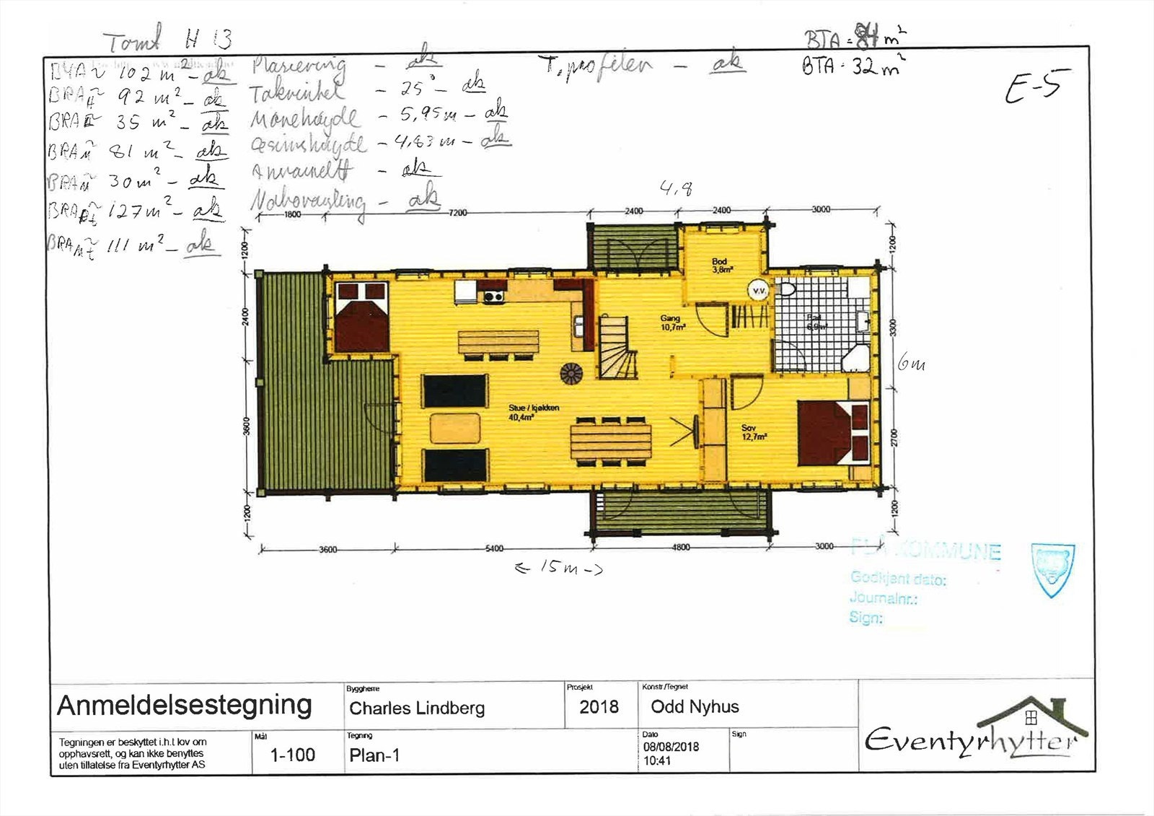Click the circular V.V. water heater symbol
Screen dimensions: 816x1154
point(759,291)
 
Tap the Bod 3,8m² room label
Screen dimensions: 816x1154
point(721,266)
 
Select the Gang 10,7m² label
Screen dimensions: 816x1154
point(672,323)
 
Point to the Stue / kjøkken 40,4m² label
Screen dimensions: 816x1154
point(533,412)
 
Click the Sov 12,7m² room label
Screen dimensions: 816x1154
point(753,432)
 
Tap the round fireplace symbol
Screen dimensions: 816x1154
point(571,372)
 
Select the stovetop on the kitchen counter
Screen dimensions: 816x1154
point(493,296)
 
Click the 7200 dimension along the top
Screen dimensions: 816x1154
point(458,213)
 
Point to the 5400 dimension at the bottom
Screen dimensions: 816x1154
point(494,549)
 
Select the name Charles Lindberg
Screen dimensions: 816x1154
point(417,708)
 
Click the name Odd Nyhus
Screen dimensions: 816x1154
point(695,707)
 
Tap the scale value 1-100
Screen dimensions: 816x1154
point(292,755)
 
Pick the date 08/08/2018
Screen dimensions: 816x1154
point(671,747)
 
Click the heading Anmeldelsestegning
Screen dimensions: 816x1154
point(185,705)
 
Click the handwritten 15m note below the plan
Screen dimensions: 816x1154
point(559,569)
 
